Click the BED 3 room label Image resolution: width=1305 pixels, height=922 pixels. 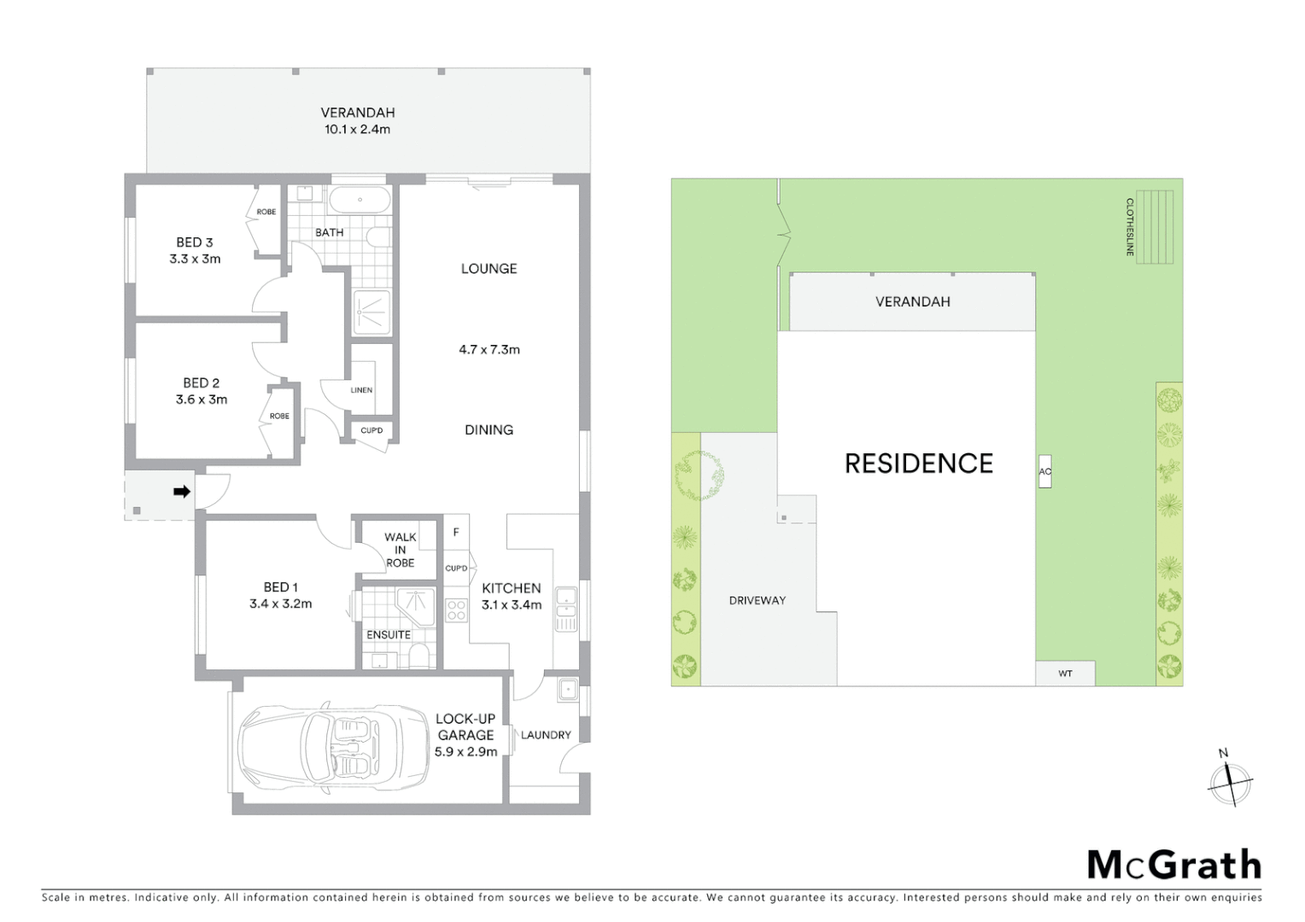pos(195,242)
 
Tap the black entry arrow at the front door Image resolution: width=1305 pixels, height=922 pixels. pos(182,491)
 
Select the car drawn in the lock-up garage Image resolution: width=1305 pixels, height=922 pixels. pos(333,744)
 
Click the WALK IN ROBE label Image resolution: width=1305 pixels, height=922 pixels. pos(400,550)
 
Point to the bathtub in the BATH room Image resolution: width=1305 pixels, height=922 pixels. pos(360,201)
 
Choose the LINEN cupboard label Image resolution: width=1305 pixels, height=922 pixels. pos(361,390)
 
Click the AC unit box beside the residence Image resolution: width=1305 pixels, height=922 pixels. pos(1044,471)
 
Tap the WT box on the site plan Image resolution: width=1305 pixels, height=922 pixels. pos(1065,674)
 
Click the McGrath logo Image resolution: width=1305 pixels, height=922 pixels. pos(1173,865)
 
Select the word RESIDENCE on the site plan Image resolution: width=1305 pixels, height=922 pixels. pos(919,464)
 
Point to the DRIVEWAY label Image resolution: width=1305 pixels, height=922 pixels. pos(757,600)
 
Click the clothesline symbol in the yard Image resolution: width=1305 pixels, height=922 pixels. pos(1154,226)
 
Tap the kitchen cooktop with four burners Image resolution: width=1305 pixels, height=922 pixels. pos(456,610)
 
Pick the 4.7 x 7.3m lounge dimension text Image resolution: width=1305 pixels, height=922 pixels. pos(489,349)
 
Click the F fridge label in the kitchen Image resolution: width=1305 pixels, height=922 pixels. pos(456,533)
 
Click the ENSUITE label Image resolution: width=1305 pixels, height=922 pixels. pos(389,634)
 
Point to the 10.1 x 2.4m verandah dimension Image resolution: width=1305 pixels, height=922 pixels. pos(357,130)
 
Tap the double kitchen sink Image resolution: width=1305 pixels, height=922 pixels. pos(566,610)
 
